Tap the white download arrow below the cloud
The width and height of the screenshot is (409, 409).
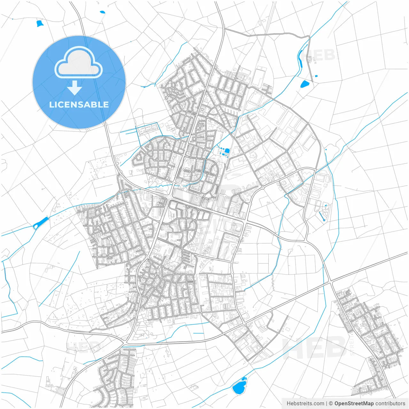[x=75, y=88]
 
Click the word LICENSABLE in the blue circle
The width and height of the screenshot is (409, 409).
[x=79, y=104]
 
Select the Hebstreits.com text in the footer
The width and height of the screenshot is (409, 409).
[x=305, y=404]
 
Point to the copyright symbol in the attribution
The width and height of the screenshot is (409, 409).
[x=331, y=404]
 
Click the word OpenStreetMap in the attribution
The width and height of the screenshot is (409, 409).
[x=354, y=404]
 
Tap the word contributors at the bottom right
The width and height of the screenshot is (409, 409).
[x=390, y=404]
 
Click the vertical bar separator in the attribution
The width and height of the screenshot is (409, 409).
[x=327, y=404]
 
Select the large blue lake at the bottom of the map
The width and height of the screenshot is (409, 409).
[x=239, y=387]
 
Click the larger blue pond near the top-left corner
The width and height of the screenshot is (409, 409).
[x=40, y=23]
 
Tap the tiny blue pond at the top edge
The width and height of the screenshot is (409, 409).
[x=102, y=12]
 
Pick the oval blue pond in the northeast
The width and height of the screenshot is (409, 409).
[x=305, y=84]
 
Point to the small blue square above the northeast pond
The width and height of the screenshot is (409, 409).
[x=316, y=76]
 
